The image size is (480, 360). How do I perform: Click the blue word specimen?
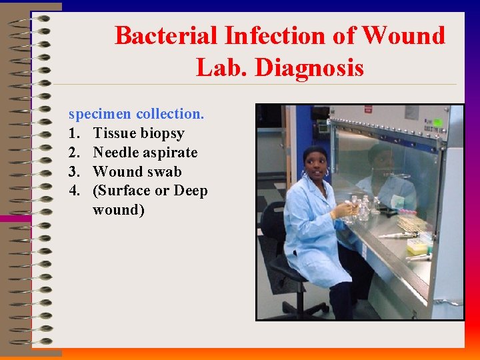click(99, 114)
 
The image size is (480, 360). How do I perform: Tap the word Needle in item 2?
click(117, 153)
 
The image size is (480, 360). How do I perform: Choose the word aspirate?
click(171, 153)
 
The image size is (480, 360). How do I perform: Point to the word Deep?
click(191, 191)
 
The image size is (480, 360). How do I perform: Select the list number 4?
click(74, 191)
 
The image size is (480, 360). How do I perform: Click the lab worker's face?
click(315, 163)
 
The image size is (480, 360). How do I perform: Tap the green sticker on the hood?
click(438, 123)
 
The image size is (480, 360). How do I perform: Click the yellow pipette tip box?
click(417, 246)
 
